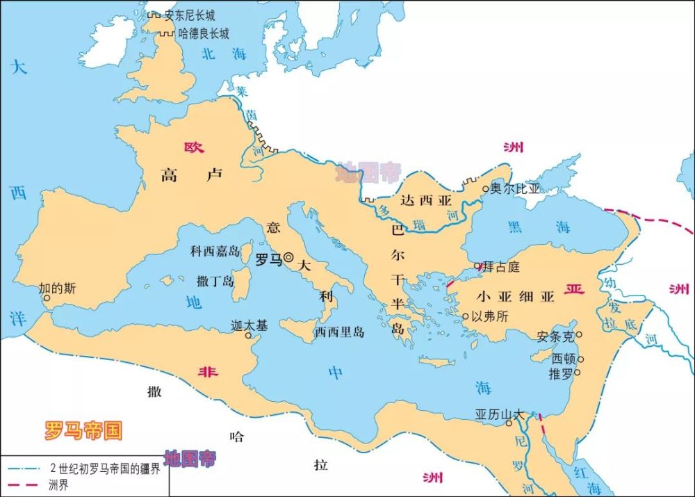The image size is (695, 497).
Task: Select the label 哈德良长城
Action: click(204, 33)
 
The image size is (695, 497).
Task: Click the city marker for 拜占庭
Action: click(477, 266)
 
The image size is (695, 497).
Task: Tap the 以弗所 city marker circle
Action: click(466, 316)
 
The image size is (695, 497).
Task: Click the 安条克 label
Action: click(555, 336)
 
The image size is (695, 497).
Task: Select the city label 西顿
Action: click(563, 359)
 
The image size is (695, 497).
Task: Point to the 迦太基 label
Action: click(248, 325)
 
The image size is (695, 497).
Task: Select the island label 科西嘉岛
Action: click(215, 251)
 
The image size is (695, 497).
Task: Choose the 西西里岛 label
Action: click(339, 332)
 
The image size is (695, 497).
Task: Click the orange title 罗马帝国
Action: click(83, 430)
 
